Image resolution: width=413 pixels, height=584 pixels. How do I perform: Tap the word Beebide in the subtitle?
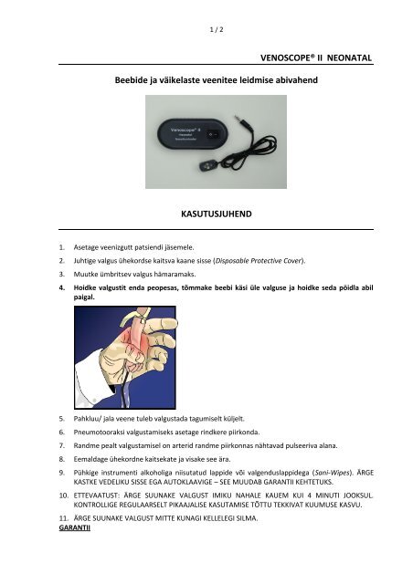click(x=134, y=83)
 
